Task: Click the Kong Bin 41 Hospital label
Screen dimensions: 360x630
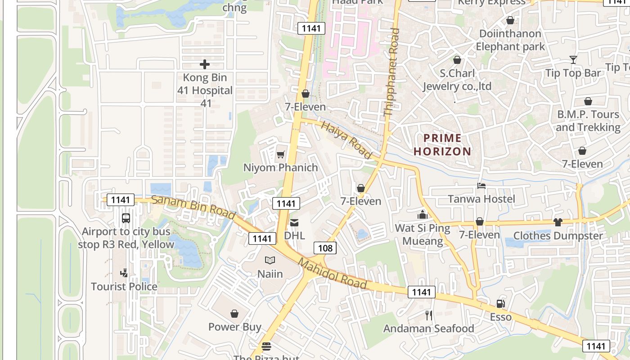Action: [205, 90]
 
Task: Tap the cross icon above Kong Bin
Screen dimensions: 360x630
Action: [205, 64]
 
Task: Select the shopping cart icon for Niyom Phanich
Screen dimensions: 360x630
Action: [281, 155]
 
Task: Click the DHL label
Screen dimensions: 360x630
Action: [294, 235]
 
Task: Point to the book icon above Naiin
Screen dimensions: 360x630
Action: [270, 261]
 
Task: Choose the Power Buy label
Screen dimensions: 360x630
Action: [234, 327]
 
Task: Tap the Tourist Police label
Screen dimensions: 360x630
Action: [124, 287]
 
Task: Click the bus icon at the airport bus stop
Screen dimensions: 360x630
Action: [126, 218]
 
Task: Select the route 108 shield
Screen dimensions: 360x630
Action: [325, 248]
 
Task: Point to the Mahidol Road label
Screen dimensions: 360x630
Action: [332, 274]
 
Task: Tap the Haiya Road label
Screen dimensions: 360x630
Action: [347, 140]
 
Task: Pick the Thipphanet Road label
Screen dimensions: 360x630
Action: [391, 72]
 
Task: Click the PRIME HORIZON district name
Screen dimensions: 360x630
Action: [442, 144]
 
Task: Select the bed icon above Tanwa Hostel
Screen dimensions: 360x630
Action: [481, 186]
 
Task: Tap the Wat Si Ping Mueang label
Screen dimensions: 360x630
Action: [422, 234]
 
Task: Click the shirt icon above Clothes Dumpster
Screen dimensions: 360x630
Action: [558, 222]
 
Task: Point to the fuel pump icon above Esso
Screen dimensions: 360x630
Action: [500, 304]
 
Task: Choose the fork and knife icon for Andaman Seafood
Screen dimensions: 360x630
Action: [429, 315]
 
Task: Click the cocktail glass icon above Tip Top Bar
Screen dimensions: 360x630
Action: [573, 59]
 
